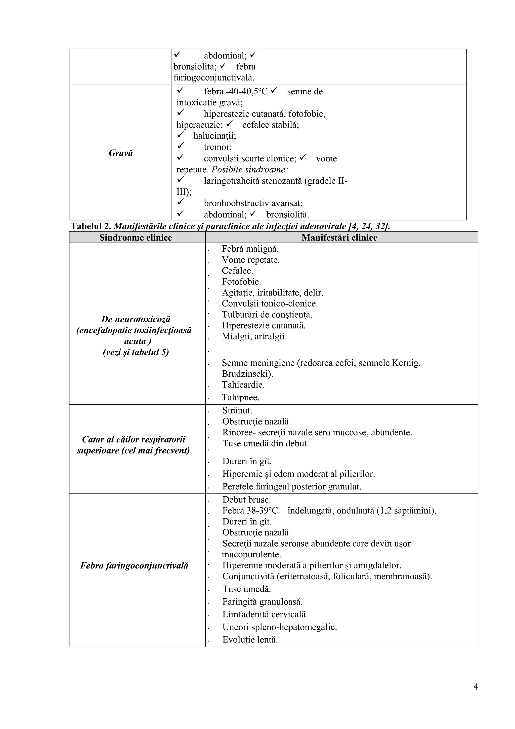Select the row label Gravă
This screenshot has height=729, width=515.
coord(121,153)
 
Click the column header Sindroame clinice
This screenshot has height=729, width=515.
coord(136,238)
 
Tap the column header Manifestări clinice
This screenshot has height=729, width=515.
coord(339,238)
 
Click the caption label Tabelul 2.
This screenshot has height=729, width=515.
coord(91,226)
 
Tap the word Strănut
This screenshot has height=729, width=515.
coord(237,410)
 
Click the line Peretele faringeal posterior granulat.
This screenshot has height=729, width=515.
coord(292,486)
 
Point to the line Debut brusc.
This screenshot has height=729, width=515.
coord(246,500)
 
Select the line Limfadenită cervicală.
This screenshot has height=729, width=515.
coord(265,615)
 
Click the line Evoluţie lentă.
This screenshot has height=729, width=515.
coord(250,640)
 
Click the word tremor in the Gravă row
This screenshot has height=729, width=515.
coord(218,147)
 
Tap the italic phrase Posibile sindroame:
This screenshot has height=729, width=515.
coord(249,170)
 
